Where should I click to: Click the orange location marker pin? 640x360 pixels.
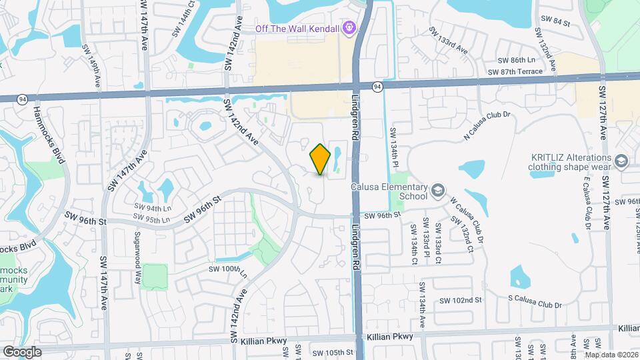point(320,159)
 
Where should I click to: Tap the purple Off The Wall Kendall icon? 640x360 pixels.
point(349,28)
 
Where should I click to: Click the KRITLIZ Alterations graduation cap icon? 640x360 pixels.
point(621,161)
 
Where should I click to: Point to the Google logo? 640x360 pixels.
point(22,351)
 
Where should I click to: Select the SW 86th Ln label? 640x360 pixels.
point(517,59)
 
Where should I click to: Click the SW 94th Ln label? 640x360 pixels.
point(153,207)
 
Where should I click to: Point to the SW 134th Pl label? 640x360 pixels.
point(394,144)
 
